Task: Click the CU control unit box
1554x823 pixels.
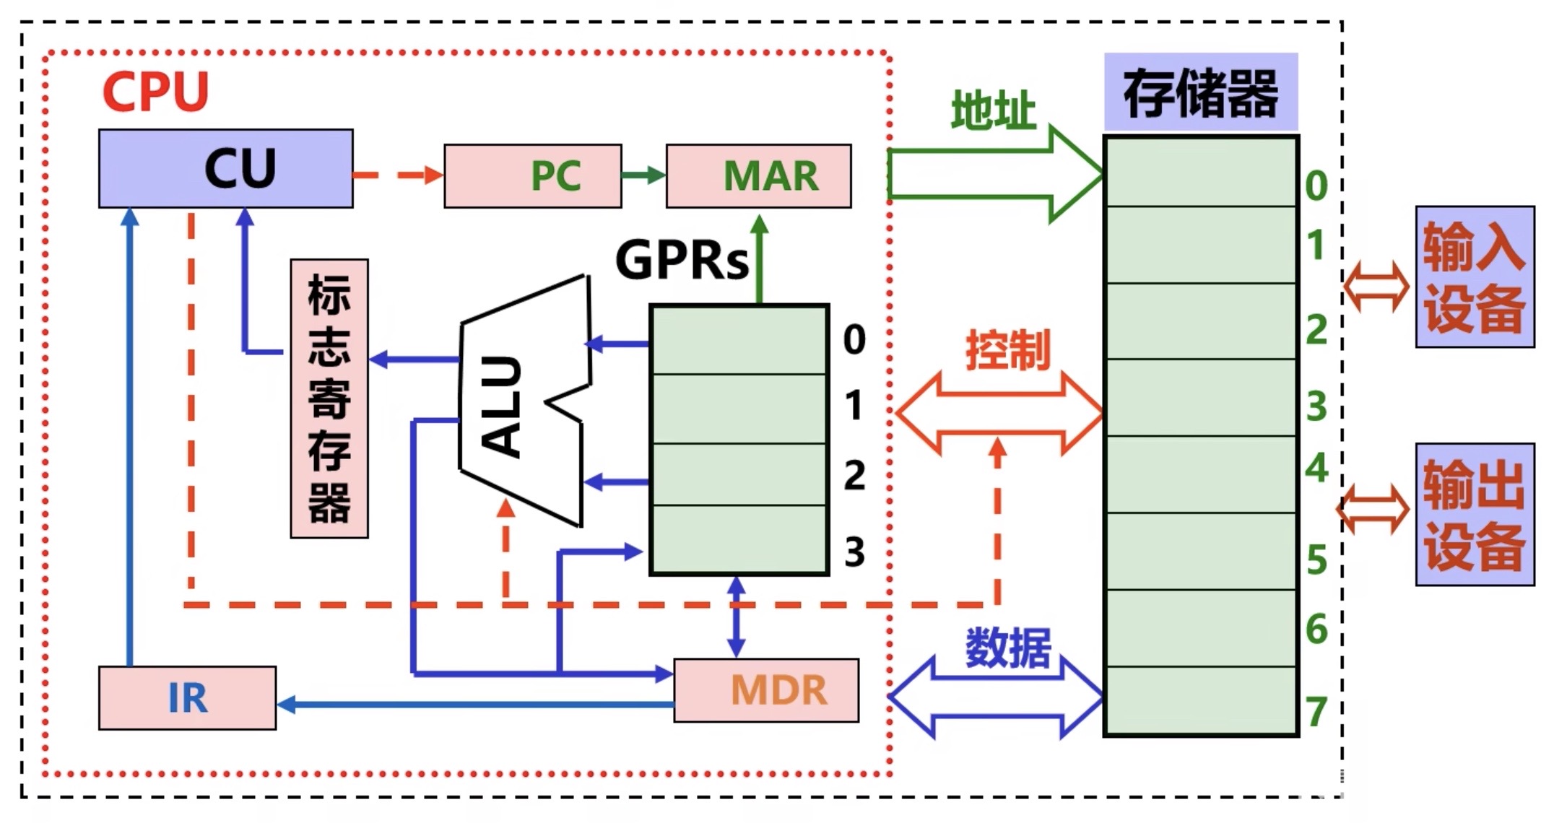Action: (x=225, y=169)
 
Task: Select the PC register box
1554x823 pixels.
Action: (x=532, y=176)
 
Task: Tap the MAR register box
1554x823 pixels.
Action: (x=758, y=176)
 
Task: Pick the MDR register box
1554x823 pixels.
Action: (x=766, y=690)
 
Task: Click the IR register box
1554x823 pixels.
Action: (x=187, y=698)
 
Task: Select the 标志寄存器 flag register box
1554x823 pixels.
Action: (x=329, y=399)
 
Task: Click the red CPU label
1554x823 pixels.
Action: (x=155, y=92)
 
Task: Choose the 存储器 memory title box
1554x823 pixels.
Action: (x=1200, y=92)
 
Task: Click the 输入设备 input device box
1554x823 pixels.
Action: (x=1475, y=277)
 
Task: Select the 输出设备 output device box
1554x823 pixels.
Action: (x=1475, y=514)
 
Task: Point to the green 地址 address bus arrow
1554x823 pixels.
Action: (x=997, y=173)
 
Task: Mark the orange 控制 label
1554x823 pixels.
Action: (x=1008, y=351)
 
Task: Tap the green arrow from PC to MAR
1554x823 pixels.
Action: (x=643, y=175)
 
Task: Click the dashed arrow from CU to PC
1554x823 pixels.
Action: (x=398, y=175)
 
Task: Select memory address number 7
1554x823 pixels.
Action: (x=1316, y=712)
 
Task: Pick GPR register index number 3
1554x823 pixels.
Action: (x=854, y=552)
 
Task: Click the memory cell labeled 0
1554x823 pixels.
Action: (x=1201, y=172)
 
